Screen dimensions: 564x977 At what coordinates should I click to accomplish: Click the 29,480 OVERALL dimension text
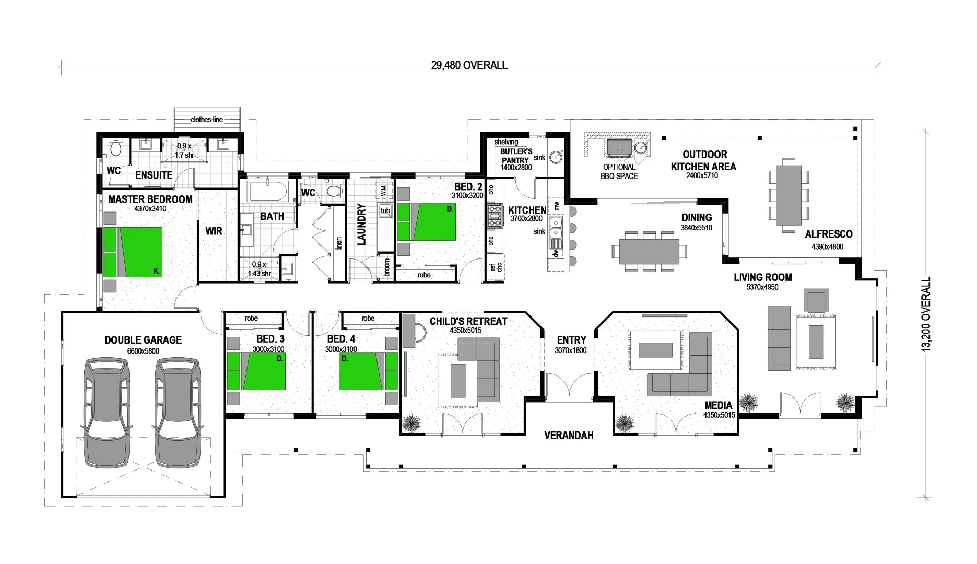(468, 65)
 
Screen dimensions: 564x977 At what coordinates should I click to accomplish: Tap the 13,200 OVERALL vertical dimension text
(926, 314)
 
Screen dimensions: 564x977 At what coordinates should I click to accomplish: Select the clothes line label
(207, 120)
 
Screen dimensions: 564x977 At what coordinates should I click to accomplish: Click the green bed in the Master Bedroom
(133, 252)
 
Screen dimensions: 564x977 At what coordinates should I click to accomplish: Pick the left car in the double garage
(106, 413)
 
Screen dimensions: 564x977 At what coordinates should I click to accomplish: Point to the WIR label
(214, 231)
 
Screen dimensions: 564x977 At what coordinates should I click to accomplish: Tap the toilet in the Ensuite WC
(115, 149)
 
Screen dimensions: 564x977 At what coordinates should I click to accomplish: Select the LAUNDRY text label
(361, 224)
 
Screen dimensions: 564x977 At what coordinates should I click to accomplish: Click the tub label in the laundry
(385, 211)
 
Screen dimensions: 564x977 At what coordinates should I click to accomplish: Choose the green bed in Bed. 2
(427, 221)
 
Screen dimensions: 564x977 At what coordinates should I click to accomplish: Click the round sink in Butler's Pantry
(556, 156)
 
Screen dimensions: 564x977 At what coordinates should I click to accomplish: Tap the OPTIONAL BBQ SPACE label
(619, 172)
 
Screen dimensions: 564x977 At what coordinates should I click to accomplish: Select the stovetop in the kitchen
(494, 216)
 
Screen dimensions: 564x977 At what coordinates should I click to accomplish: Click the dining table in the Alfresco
(788, 195)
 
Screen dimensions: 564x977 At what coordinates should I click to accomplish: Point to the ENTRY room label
(571, 340)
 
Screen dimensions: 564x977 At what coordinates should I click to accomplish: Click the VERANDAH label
(569, 436)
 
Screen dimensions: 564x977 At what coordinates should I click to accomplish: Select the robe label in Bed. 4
(368, 318)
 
